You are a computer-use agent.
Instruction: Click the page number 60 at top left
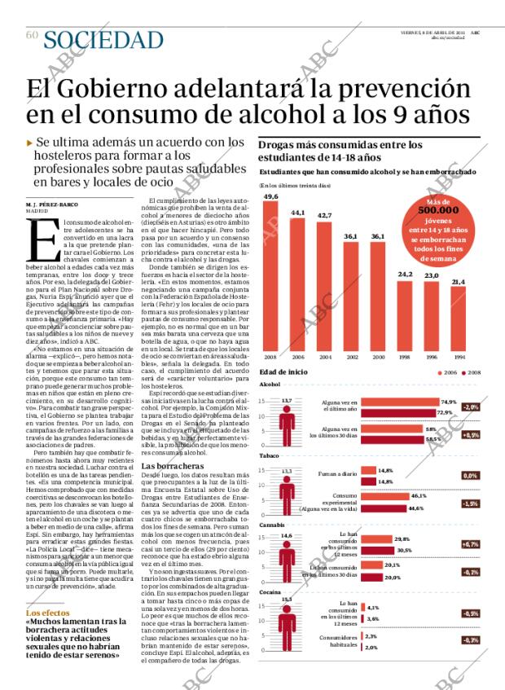(32, 35)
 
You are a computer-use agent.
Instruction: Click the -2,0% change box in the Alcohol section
(470, 407)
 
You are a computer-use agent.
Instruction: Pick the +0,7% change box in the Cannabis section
(470, 543)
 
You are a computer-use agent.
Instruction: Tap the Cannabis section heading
(271, 525)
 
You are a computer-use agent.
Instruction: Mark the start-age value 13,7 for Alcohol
(286, 401)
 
